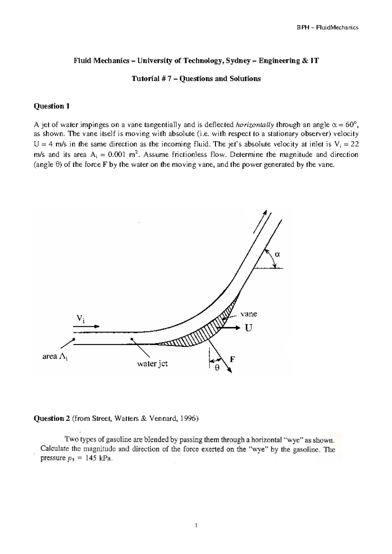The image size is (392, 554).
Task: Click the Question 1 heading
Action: pos(52,106)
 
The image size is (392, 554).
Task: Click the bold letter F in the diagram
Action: pos(233,359)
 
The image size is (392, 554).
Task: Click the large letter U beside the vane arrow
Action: pos(249,328)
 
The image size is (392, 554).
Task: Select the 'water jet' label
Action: pos(152,363)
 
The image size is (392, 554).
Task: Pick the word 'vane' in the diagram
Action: pos(249,314)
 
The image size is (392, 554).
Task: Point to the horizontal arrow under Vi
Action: pos(86,326)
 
